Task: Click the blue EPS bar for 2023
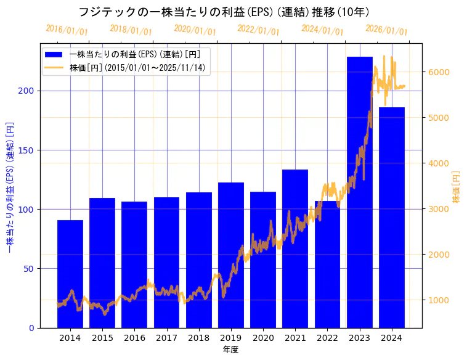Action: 360,192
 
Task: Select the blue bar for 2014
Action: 70,274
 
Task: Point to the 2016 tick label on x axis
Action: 134,338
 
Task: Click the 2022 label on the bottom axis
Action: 327,338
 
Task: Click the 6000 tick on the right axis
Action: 438,72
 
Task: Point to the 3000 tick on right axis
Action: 438,209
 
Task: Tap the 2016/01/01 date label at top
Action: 67,30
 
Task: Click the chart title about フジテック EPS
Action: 224,12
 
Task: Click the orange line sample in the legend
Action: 54,67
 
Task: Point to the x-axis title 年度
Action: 231,350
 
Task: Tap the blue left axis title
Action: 10,186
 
